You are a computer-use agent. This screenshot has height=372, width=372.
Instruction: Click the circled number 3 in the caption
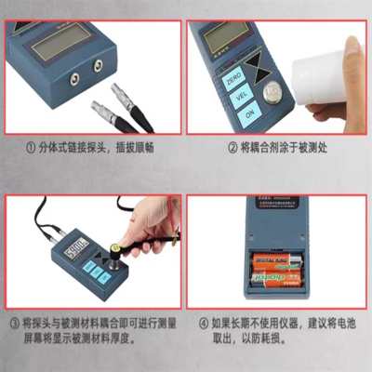(14, 323)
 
